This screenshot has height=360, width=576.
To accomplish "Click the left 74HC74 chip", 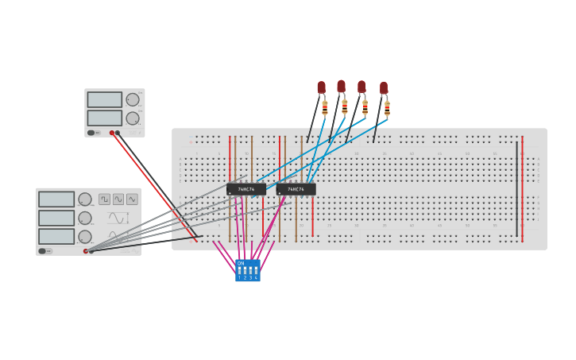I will coord(246,189).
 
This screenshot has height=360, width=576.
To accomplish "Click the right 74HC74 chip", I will coord(296,189).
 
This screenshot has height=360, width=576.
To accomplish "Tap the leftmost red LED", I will coord(321,87).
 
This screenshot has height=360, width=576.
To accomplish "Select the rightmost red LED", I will coord(384,87).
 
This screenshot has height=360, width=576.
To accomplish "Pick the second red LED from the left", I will coord(341,85).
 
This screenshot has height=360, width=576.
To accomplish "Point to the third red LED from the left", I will coord(361,86).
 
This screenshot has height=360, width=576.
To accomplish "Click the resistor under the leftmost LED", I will coord(324,107).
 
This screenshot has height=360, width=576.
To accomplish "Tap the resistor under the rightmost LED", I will coord(387,108).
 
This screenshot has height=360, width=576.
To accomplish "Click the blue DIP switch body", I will coord(247,271).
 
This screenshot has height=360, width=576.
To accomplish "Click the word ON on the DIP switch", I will coord(241,263).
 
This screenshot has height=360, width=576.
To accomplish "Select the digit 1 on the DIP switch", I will coord(239,278).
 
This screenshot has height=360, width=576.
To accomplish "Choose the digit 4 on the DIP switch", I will coord(256,278).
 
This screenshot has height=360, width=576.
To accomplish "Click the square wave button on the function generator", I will coord(104,199).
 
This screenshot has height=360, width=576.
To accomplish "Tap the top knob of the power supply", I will coord(132,99).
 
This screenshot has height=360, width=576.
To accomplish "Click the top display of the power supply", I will coord(104,99).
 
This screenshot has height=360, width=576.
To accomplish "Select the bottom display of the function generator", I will coord(56,236).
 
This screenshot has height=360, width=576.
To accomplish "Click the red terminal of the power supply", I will coord(112,133).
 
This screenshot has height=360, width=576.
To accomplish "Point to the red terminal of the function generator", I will coord(86,251).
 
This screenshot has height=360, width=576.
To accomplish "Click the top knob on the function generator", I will coord(84,199).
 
